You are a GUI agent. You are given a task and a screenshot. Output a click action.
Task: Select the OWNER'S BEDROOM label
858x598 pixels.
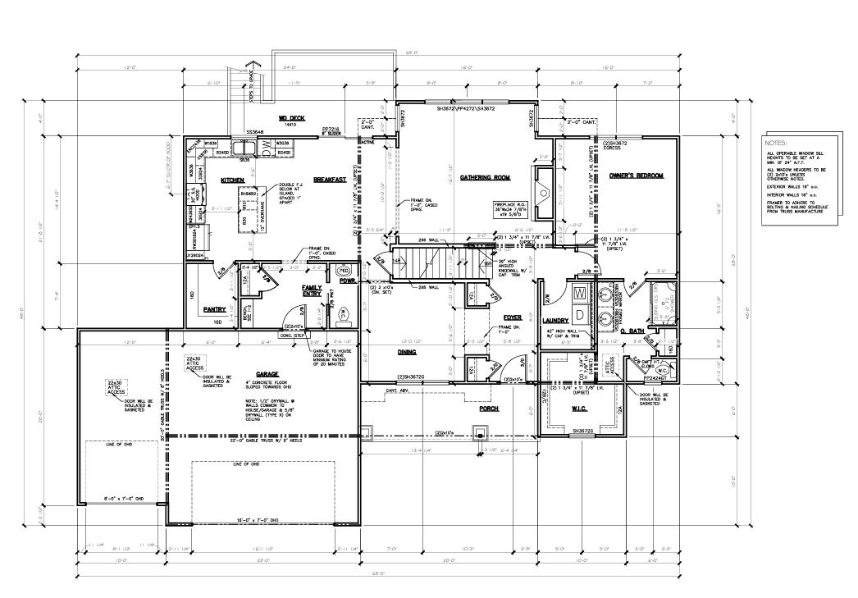(x=636, y=176)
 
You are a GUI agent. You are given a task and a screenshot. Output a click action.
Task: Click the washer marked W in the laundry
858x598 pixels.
(x=579, y=294)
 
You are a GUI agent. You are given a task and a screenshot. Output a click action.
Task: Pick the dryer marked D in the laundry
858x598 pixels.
(x=579, y=314)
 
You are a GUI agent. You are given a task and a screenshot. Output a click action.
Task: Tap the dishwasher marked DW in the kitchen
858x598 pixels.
(x=267, y=146)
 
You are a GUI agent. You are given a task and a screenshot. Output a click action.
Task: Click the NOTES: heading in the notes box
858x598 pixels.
(x=777, y=142)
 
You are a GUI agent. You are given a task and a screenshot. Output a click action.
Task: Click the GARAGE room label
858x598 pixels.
(x=244, y=374)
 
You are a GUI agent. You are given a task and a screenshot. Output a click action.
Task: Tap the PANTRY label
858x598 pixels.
(x=214, y=309)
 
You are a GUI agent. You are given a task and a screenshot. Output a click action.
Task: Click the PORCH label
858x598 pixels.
(x=490, y=408)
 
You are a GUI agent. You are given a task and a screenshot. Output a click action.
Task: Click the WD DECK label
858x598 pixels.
(x=268, y=117)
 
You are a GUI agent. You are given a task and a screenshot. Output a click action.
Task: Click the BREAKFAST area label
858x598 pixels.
(x=329, y=180)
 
